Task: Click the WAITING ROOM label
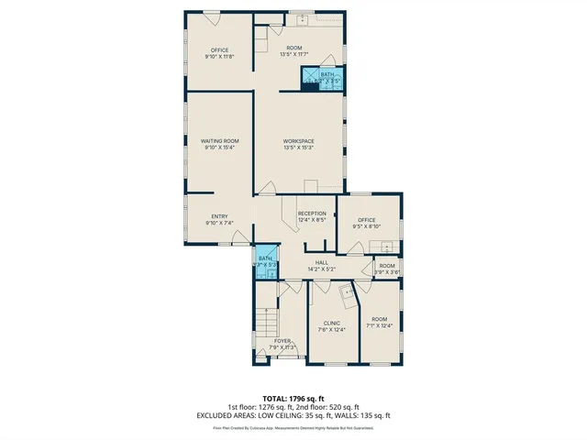pos(219,140)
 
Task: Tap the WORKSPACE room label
pos(299,140)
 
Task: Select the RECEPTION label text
pos(312,213)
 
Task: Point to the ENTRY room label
pos(219,216)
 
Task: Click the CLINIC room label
pos(331,323)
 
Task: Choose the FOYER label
pos(282,341)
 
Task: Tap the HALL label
pos(322,263)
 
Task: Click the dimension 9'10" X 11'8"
pos(219,56)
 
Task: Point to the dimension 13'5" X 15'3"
pos(299,147)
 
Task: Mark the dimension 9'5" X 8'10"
pos(367,226)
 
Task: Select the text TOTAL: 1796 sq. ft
pos(293,399)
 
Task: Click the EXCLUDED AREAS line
pos(293,415)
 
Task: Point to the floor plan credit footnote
pos(293,427)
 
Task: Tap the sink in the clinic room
pos(347,292)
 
